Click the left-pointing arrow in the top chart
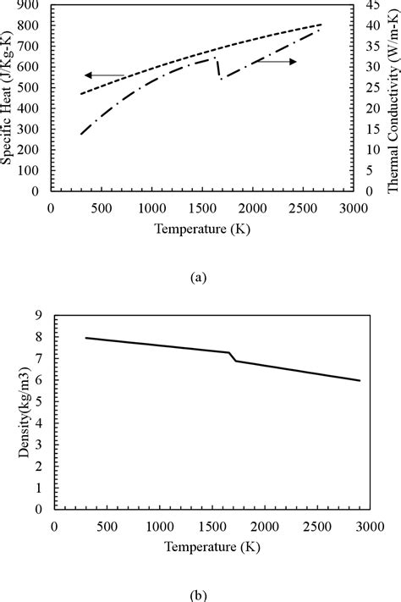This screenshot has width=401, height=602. (x=104, y=75)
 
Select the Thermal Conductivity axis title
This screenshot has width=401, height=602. (x=393, y=95)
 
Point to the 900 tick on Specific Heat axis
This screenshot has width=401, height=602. (x=30, y=5)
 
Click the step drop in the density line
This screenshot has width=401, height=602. (x=233, y=356)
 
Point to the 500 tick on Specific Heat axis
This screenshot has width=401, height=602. (x=30, y=88)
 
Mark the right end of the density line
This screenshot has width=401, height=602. (x=360, y=380)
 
